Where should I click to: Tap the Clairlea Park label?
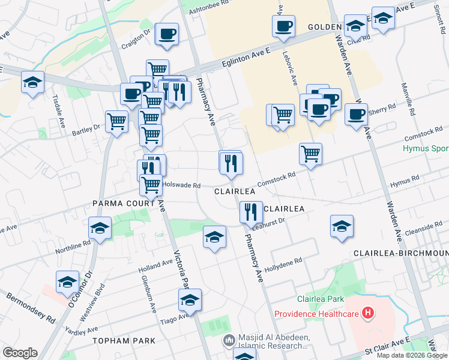pyautogui.click(x=320, y=299)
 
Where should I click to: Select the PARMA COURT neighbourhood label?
pyautogui.click(x=124, y=203)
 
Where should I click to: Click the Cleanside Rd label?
pyautogui.click(x=424, y=228)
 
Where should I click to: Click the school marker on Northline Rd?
pyautogui.click(x=100, y=228)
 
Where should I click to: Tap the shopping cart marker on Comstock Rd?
pyautogui.click(x=310, y=154)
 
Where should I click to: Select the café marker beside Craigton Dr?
pyautogui.click(x=167, y=34)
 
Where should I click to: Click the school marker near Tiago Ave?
pyautogui.click(x=190, y=299)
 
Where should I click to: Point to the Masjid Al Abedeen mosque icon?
pyautogui.click(x=229, y=341)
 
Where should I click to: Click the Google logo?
pyautogui.click(x=20, y=353)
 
